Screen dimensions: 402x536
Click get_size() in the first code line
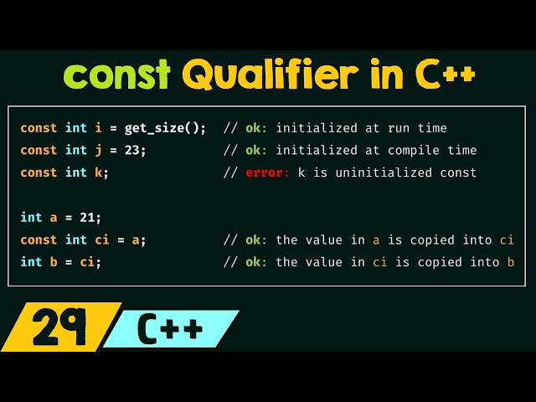point(165,128)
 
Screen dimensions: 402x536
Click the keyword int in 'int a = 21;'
point(31,218)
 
